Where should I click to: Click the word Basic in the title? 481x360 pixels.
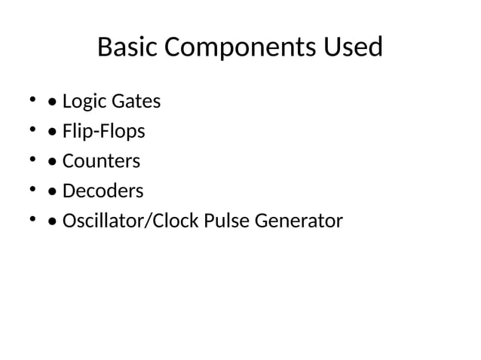[128, 48]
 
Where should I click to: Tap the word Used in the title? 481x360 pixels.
[352, 48]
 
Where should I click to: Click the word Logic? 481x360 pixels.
[84, 101]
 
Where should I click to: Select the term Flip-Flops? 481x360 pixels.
[103, 131]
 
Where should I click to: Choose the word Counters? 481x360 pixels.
[101, 161]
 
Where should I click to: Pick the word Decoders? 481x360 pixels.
[103, 191]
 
